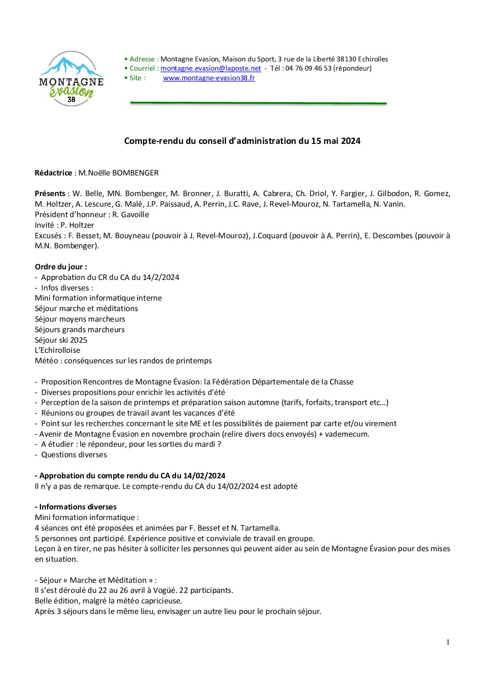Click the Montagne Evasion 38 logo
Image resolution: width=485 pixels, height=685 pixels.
[72, 79]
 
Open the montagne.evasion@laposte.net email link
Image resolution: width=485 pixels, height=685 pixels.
[210, 68]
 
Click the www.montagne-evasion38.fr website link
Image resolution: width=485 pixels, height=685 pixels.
[209, 78]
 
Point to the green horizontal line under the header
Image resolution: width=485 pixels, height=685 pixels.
[258, 103]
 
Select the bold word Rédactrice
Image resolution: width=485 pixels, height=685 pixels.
[53, 173]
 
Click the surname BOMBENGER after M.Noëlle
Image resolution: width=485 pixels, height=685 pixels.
[135, 173]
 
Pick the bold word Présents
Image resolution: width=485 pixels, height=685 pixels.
[50, 193]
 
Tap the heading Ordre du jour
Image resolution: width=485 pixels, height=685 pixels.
[61, 267]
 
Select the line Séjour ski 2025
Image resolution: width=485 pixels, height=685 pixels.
[61, 340]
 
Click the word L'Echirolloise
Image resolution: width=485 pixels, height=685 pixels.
[57, 350]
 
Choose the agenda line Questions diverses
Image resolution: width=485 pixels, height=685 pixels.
[74, 455]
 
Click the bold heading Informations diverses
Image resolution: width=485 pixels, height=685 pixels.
[77, 507]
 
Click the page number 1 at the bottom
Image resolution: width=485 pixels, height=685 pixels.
[448, 642]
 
